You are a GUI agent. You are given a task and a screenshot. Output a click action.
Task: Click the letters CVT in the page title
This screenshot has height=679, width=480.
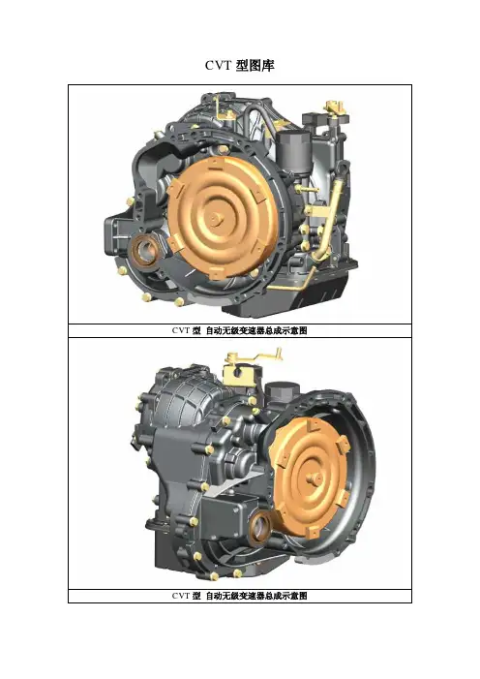(x=219, y=66)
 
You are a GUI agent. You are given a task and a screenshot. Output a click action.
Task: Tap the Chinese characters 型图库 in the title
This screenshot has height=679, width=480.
(x=255, y=66)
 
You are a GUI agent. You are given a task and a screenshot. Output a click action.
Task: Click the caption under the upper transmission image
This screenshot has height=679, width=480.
(x=239, y=331)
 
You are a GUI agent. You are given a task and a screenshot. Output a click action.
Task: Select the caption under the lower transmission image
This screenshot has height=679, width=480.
(x=239, y=596)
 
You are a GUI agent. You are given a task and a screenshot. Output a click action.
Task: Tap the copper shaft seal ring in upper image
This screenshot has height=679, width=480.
(x=144, y=250)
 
